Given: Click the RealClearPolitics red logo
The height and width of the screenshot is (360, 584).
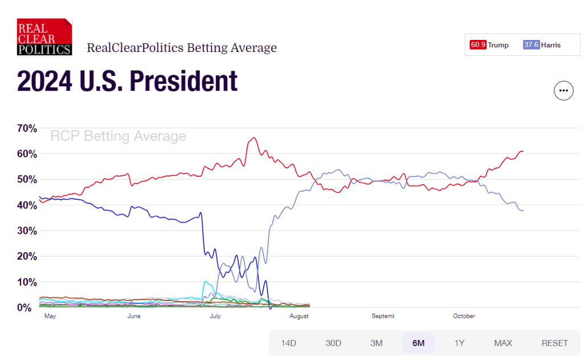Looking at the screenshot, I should tap(44, 37).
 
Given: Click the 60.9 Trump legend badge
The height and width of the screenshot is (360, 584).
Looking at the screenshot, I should tap(489, 45).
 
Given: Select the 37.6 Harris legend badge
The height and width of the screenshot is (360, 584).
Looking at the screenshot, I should tap(542, 45).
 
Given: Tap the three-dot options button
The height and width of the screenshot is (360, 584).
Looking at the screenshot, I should tap(563, 91).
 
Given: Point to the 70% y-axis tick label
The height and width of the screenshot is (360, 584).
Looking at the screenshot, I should tap(27, 128).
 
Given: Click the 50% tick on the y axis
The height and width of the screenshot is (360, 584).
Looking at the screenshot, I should tap(27, 180).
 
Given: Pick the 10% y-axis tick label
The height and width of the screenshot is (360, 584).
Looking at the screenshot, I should tap(27, 282).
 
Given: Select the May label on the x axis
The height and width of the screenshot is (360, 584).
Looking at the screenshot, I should tap(50, 316).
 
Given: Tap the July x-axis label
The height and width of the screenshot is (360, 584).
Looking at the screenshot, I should tap(215, 316).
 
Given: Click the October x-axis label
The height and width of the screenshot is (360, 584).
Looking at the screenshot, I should tap(464, 316).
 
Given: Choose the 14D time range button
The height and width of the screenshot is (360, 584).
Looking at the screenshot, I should tap(289, 343).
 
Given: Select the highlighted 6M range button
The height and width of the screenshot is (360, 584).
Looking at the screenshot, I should tap(419, 343).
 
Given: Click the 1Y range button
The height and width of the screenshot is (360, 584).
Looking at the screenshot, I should tap(460, 343).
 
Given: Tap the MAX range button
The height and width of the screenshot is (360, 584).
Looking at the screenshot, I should tap(503, 343).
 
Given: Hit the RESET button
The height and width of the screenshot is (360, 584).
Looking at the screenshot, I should tap(555, 343).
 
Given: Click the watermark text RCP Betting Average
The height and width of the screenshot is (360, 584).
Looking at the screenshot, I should tap(118, 136).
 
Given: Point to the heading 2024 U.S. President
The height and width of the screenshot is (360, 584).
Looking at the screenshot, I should tap(127, 82).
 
